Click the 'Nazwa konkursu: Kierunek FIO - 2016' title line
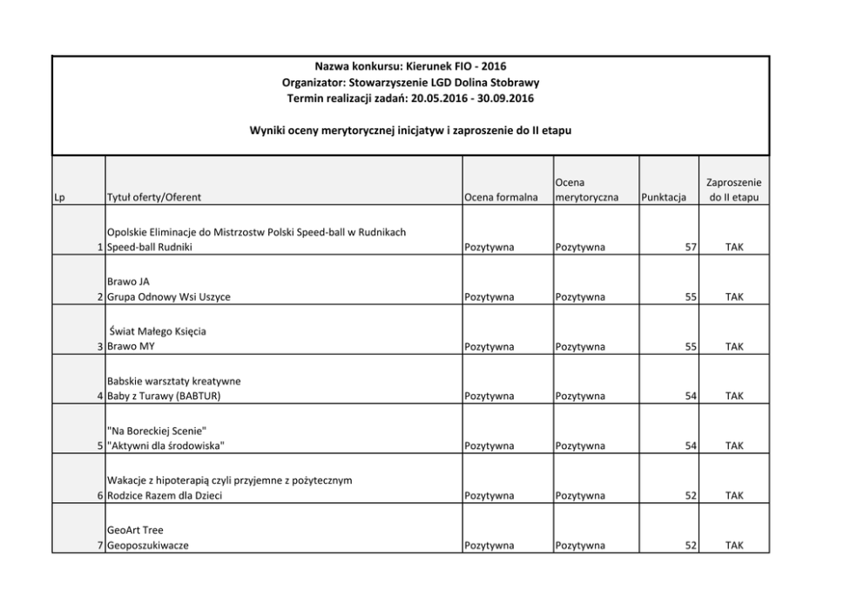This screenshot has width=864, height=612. [410, 66]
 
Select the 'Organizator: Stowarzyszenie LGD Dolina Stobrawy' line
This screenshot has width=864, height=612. [410, 82]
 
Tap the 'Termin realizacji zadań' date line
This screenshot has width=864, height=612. [410, 97]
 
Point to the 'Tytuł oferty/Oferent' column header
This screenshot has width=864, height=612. [155, 198]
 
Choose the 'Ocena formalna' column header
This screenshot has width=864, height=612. [500, 198]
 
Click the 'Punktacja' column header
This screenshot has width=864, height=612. [663, 198]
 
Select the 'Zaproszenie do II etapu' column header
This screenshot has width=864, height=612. [733, 190]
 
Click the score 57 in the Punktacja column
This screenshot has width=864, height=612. [691, 248]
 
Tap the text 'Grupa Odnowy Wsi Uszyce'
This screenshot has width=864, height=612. [169, 297]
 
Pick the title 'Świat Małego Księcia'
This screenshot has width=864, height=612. [158, 331]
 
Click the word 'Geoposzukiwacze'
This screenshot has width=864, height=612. [147, 546]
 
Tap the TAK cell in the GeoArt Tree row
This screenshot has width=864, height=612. [734, 546]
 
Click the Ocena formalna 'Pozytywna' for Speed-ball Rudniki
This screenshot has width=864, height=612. [489, 248]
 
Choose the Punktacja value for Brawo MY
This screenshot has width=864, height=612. [691, 347]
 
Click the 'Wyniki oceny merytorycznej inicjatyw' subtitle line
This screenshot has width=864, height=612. [410, 130]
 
